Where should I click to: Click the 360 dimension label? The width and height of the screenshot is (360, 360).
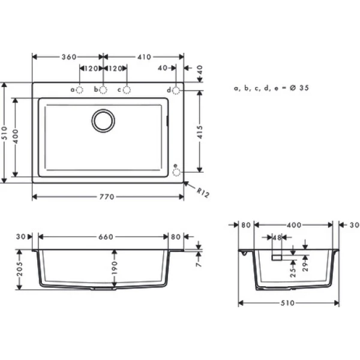tap(69, 57)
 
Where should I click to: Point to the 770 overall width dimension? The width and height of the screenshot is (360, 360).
tap(108, 197)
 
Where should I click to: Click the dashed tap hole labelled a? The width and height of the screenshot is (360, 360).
tap(80, 90)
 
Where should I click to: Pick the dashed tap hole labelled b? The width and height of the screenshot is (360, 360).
tap(103, 90)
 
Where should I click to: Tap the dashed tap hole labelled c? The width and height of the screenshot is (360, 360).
tap(127, 90)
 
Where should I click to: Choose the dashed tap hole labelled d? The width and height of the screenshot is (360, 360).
tap(176, 90)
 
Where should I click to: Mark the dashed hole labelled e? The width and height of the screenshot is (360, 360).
tap(176, 172)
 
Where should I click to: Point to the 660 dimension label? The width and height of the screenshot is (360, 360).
tap(105, 237)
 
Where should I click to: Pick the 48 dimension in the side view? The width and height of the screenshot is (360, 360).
tap(277, 238)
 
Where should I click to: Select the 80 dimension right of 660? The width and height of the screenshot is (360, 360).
tap(175, 237)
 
